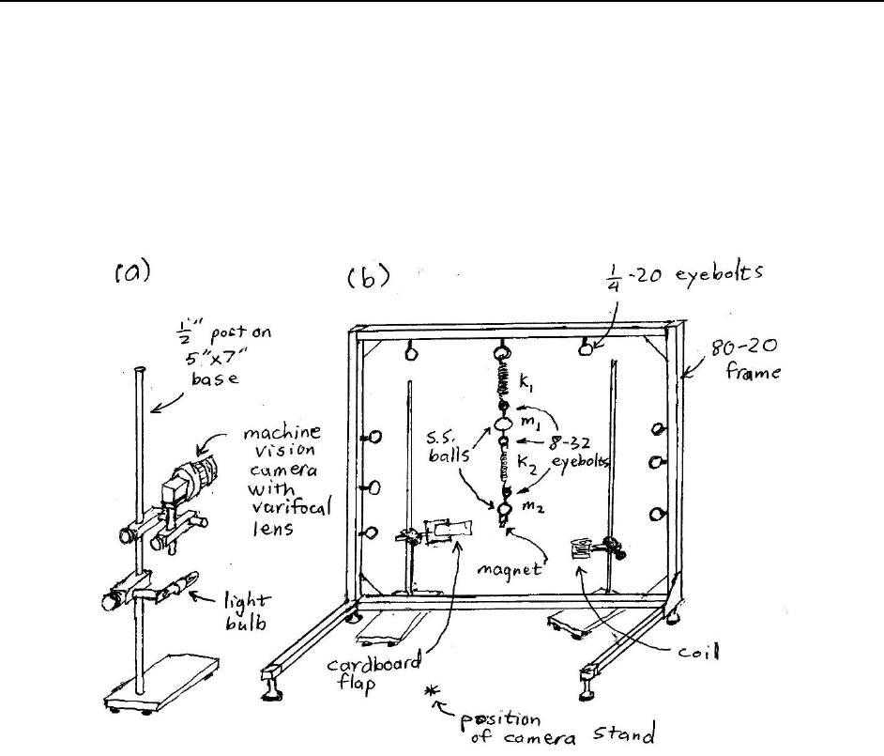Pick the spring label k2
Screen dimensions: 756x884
coord(530,463)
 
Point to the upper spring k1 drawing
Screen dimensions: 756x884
coord(500,381)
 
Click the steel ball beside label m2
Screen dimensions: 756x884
coord(505,510)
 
